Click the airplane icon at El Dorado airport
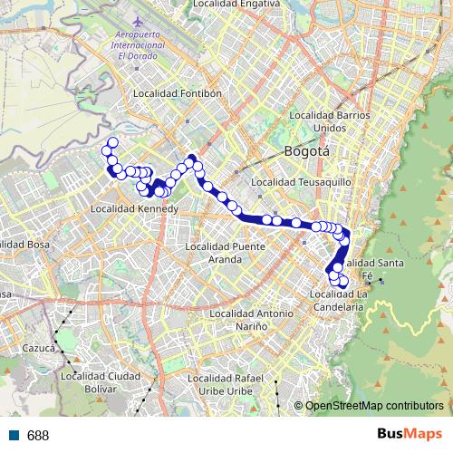137,19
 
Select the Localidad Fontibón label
178,93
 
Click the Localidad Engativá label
233,5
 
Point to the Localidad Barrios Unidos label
330,121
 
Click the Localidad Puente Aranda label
225,252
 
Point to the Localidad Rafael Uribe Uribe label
226,384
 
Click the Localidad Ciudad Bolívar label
100,381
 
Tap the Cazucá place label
39,347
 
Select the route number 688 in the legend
38,436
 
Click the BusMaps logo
408,435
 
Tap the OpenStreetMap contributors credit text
374,407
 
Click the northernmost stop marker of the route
112,142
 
